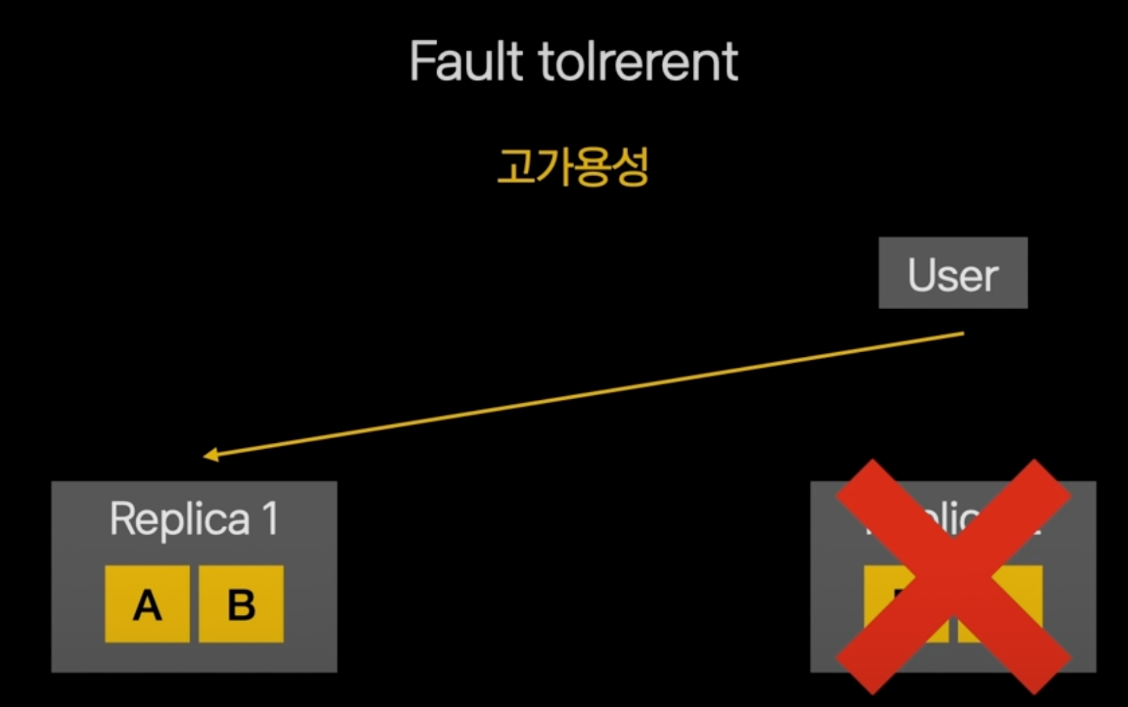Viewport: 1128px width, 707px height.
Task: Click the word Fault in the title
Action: pos(466,61)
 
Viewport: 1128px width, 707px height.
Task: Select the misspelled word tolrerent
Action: pos(638,61)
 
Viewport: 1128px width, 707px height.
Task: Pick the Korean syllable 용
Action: pos(591,167)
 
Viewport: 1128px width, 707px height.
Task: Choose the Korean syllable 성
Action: pos(629,167)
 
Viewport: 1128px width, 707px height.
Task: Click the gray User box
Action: pos(953,272)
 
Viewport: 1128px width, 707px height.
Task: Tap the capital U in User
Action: pos(921,275)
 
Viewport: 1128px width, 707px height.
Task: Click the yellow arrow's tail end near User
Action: pos(962,334)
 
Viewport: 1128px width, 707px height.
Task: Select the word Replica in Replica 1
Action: pos(180,519)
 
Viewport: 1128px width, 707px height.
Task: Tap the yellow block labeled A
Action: pos(147,604)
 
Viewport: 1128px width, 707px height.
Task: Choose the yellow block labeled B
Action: pos(241,604)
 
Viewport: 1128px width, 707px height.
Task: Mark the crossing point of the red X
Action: pos(953,577)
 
